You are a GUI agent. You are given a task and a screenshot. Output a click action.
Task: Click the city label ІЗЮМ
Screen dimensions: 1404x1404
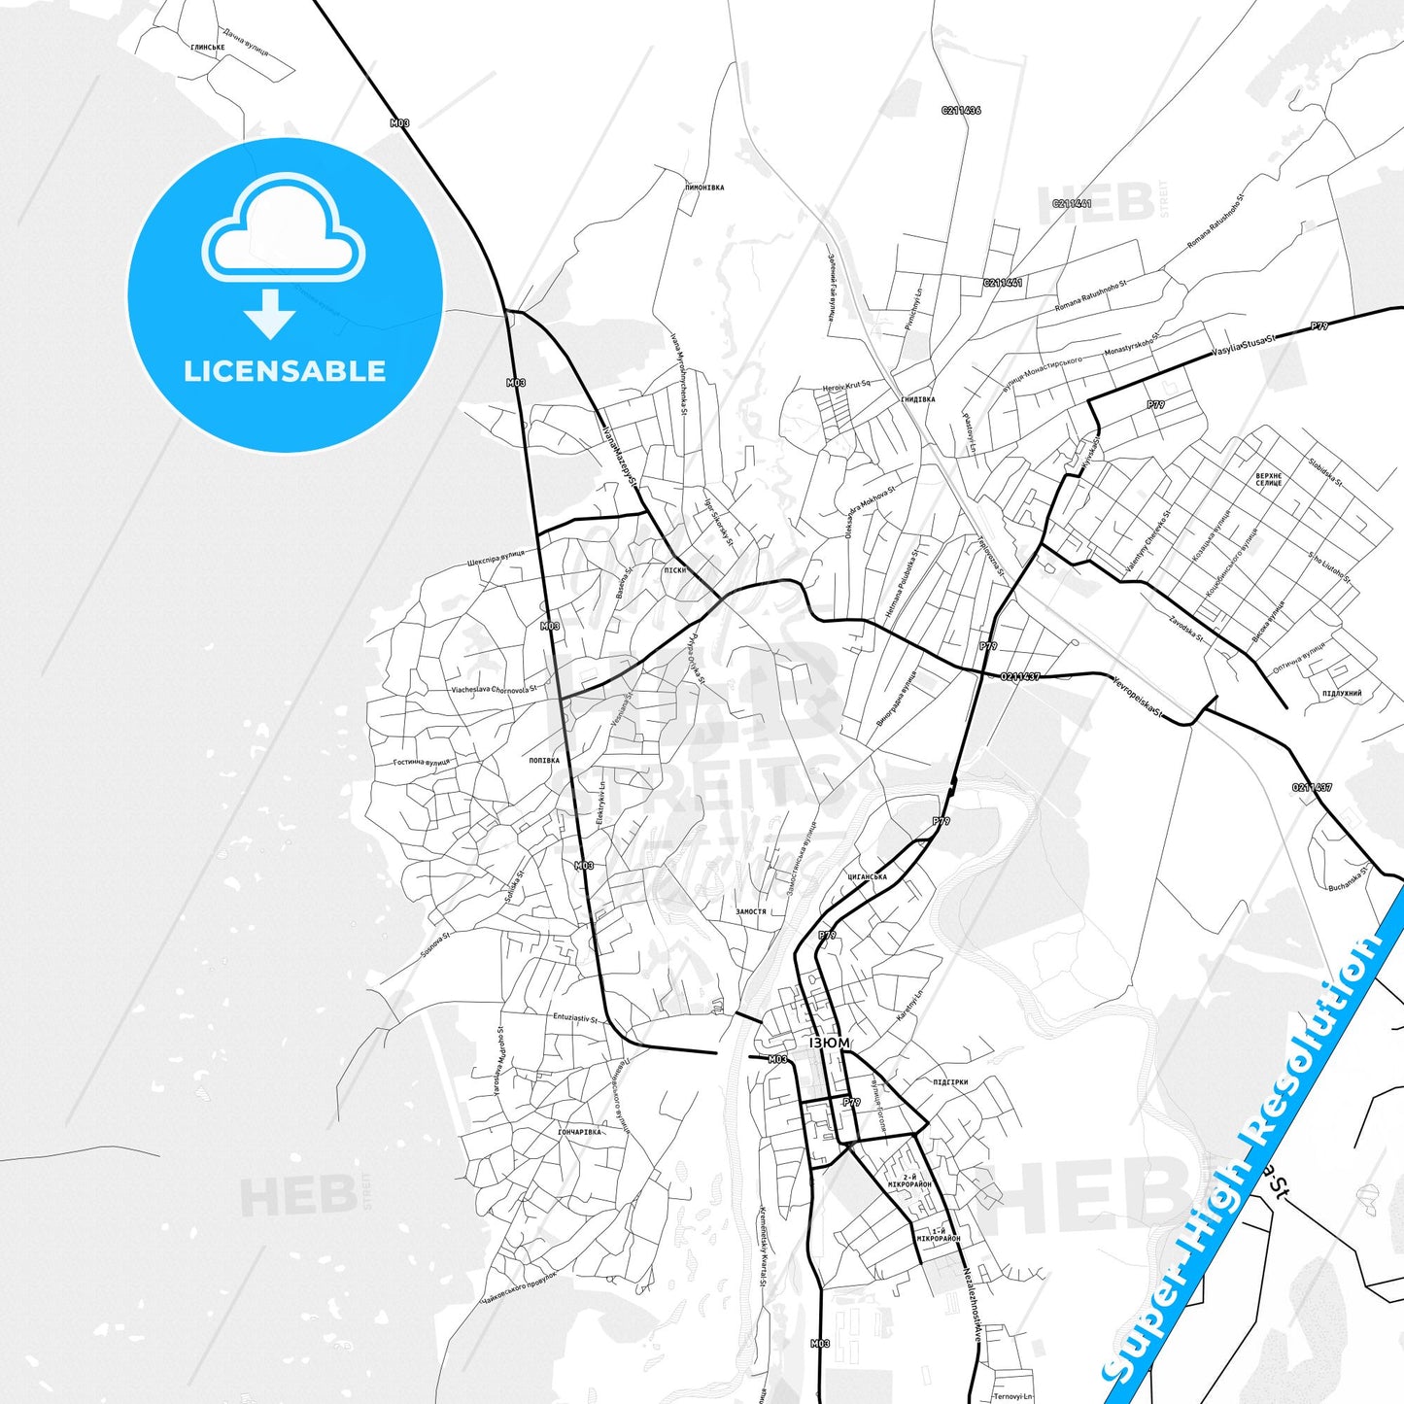pyautogui.click(x=829, y=1043)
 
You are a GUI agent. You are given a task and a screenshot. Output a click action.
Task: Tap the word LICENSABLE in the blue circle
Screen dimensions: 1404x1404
pyautogui.click(x=285, y=371)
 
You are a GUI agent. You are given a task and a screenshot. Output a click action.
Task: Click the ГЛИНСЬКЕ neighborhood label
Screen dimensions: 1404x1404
pyautogui.click(x=208, y=47)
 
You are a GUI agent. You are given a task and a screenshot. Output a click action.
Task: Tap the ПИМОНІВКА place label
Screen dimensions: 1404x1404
pyautogui.click(x=704, y=188)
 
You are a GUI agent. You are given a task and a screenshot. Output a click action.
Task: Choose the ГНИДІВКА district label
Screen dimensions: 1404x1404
pyautogui.click(x=917, y=399)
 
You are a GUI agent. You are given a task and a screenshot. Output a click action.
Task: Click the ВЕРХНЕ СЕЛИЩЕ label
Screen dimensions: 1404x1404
pyautogui.click(x=1269, y=480)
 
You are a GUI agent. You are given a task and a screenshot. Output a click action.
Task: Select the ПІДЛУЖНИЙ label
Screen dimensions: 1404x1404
pyautogui.click(x=1342, y=694)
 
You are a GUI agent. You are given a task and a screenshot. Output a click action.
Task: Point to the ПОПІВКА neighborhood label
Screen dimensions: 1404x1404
pyautogui.click(x=544, y=761)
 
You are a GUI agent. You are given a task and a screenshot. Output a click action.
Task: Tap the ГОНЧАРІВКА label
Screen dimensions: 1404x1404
pyautogui.click(x=580, y=1132)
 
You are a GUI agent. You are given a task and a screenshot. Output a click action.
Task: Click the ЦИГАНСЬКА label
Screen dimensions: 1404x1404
pyautogui.click(x=867, y=877)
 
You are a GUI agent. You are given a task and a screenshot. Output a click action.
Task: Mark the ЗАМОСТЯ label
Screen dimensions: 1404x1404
pyautogui.click(x=751, y=912)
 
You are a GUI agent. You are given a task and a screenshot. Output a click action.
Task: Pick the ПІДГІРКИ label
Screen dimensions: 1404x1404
pyautogui.click(x=950, y=1082)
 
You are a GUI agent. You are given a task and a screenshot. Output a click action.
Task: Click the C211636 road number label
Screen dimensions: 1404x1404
pyautogui.click(x=961, y=111)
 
